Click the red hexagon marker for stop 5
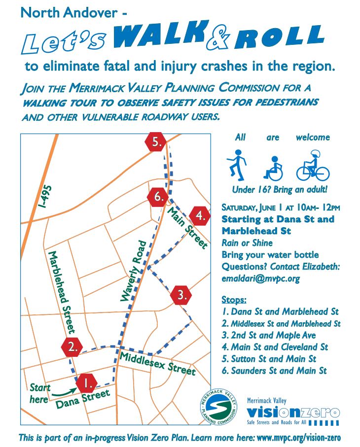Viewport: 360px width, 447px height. pyautogui.click(x=156, y=142)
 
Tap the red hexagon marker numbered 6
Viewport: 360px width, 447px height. pyautogui.click(x=158, y=197)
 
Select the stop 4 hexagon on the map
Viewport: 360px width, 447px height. pyautogui.click(x=200, y=215)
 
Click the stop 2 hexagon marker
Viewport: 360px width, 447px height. pyautogui.click(x=72, y=346)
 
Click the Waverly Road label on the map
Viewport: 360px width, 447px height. pyautogui.click(x=132, y=271)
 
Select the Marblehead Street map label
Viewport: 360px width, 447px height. pyautogui.click(x=61, y=291)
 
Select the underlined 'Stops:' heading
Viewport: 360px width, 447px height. pyautogui.click(x=234, y=300)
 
